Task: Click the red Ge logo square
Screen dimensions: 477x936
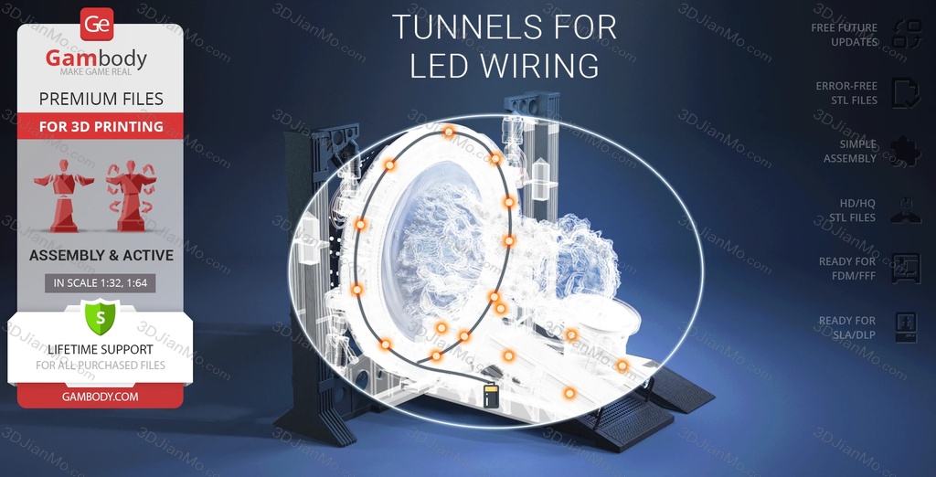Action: point(97,25)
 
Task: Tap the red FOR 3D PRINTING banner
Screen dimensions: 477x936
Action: point(101,126)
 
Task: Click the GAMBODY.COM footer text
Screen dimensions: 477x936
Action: point(101,397)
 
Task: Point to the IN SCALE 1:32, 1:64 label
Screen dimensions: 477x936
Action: point(101,283)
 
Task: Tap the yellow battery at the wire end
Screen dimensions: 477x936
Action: point(491,397)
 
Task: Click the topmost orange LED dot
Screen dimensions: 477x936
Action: point(449,132)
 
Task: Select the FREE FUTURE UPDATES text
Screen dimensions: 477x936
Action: point(844,35)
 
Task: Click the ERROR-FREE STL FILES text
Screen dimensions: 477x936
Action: point(846,93)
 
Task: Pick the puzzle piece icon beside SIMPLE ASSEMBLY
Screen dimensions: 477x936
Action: point(906,152)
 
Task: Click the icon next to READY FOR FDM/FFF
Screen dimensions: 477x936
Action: point(906,268)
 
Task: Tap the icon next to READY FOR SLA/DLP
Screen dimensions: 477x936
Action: point(906,327)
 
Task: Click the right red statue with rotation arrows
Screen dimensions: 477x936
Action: point(131,196)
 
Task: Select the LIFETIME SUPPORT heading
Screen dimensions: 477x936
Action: point(101,349)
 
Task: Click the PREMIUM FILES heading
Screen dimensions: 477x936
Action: point(101,99)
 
